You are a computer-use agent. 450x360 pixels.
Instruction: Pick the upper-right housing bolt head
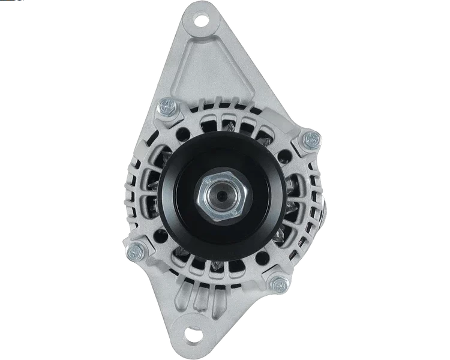(x=310, y=140)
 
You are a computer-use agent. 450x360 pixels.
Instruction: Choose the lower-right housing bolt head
(x=277, y=284)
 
